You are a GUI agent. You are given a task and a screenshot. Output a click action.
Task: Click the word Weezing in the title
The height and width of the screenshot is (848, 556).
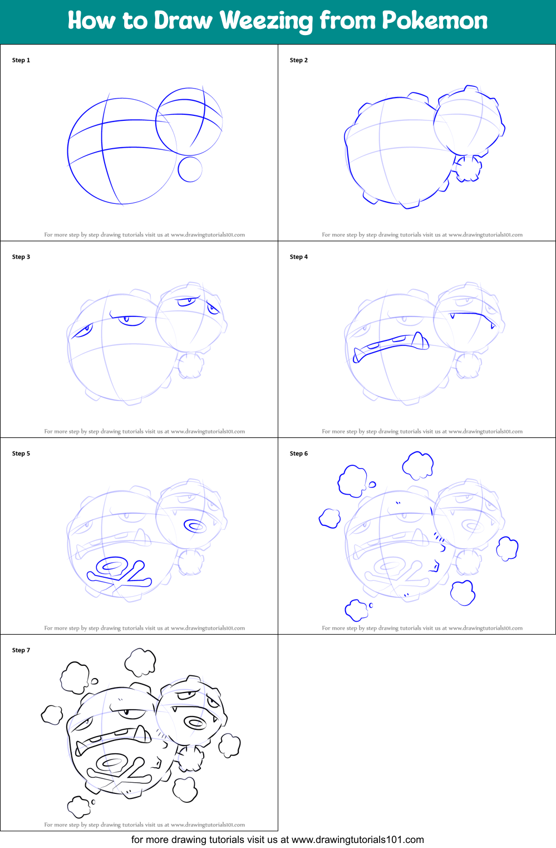(x=266, y=21)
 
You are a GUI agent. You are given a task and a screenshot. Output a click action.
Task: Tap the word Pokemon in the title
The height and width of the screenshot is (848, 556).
(x=434, y=21)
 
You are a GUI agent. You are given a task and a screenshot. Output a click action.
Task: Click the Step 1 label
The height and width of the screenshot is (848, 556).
(x=21, y=60)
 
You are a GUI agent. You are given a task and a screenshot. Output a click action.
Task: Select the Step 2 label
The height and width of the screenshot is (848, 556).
(x=299, y=60)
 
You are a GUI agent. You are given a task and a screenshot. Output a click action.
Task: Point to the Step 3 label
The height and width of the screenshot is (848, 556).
(x=21, y=257)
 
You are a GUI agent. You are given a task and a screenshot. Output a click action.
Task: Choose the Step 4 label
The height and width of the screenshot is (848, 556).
(x=299, y=257)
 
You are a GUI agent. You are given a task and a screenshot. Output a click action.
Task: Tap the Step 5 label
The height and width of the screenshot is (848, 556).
(x=21, y=454)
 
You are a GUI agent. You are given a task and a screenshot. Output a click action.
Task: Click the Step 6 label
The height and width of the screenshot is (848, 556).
(x=299, y=454)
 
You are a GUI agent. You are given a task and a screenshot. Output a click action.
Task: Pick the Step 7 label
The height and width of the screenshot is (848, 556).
(x=21, y=650)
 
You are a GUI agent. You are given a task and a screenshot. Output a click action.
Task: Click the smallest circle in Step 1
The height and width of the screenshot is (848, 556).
(x=190, y=169)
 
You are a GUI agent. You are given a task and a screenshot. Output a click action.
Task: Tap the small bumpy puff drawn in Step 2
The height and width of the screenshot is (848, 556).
(x=468, y=169)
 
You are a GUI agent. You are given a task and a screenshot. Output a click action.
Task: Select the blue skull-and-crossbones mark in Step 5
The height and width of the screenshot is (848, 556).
(x=119, y=574)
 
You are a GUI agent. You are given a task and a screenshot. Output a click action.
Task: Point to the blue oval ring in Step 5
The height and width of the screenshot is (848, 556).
(x=195, y=525)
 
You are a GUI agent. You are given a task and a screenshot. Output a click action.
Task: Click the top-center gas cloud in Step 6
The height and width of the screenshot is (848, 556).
(x=418, y=465)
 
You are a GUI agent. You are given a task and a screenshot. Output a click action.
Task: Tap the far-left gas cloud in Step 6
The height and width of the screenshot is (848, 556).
(x=329, y=518)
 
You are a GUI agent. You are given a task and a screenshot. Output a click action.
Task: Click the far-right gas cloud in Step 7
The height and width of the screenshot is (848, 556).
(x=229, y=745)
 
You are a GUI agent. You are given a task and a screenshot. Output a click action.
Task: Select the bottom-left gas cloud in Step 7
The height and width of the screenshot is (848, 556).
(x=78, y=806)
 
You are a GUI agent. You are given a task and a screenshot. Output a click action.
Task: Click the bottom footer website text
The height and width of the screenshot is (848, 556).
(x=277, y=840)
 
